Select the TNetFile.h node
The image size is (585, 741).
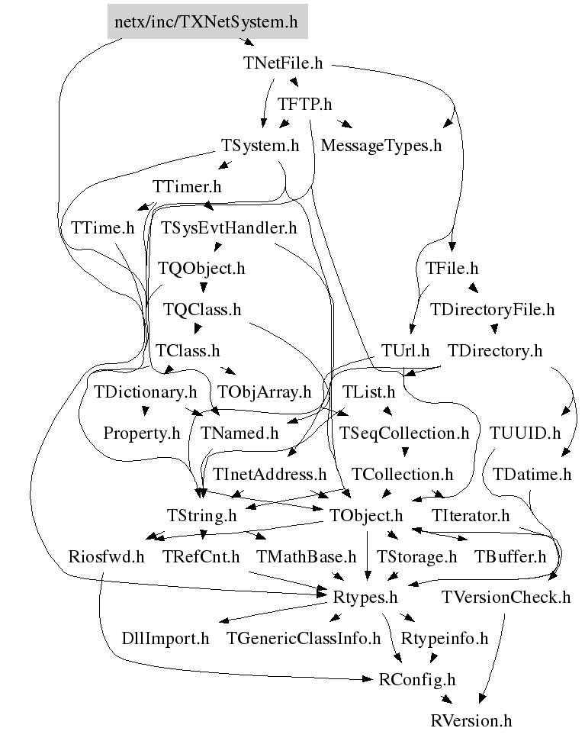[x=283, y=63]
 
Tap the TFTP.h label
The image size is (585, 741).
[x=304, y=104]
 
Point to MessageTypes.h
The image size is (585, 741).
[x=381, y=145]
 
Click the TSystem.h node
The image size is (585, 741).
[x=259, y=145]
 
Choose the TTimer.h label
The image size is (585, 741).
[x=187, y=186]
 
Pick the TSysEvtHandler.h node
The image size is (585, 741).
[x=229, y=227]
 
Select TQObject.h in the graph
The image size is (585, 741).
[x=201, y=269]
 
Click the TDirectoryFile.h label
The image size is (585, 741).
[x=492, y=310]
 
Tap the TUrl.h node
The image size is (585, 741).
[x=406, y=351]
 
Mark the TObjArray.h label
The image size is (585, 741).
[x=265, y=392]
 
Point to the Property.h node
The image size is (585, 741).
[x=142, y=433]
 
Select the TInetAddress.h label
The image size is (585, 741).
[x=270, y=475]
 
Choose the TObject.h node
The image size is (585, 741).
[x=366, y=516]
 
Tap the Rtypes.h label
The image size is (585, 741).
[x=366, y=598]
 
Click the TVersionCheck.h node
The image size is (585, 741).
[x=505, y=598]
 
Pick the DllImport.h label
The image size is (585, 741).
[x=166, y=639]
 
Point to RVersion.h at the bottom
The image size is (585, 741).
[x=471, y=720]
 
